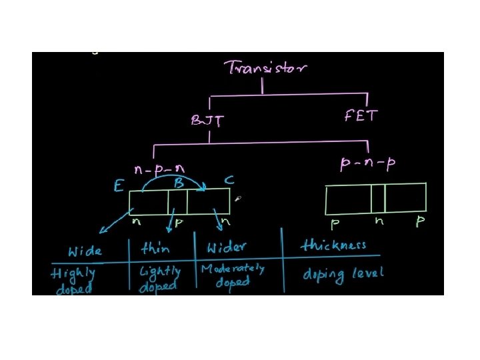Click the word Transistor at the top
[265, 67]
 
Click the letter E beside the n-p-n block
[119, 186]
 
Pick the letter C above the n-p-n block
[228, 179]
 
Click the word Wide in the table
[85, 251]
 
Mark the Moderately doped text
[233, 275]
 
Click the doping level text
[343, 273]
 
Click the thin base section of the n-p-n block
[177, 202]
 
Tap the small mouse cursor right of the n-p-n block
[237, 198]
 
